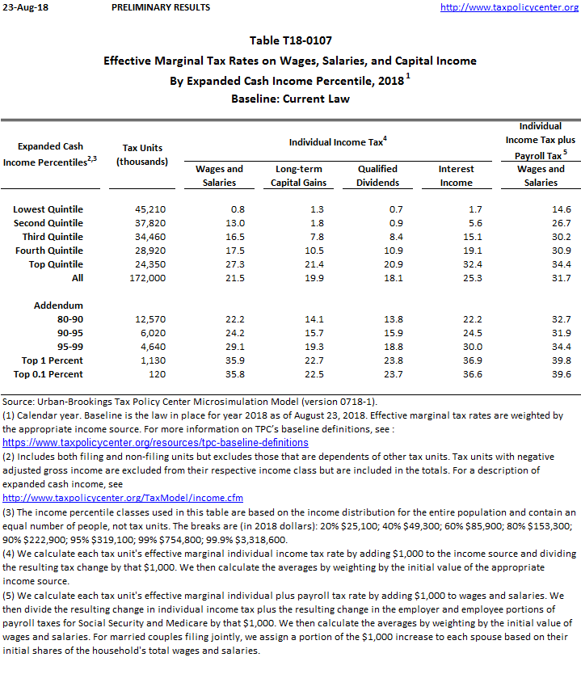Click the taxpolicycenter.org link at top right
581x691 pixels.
[508, 7]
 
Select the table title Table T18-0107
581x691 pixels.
[291, 40]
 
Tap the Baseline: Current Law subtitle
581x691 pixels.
[291, 99]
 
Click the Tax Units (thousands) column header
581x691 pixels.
[142, 154]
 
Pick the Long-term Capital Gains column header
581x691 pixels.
[299, 175]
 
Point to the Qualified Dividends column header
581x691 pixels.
[378, 175]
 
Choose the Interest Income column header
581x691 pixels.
[456, 175]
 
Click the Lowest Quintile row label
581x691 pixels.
[48, 209]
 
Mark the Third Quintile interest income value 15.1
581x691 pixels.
[471, 237]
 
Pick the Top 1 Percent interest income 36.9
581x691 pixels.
[471, 360]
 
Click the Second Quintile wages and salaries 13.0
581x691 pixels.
[234, 223]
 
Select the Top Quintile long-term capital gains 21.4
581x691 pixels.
[313, 264]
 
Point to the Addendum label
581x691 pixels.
[58, 305]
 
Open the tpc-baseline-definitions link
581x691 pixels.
[155, 443]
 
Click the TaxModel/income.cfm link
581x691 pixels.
[123, 498]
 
